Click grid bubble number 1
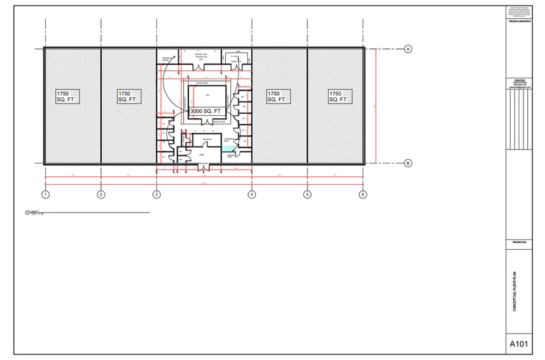(45, 195)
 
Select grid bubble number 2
(101, 195)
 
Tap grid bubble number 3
(157, 195)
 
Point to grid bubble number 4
(252, 195)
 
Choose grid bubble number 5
(307, 195)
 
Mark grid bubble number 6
(363, 195)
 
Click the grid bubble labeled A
(408, 48)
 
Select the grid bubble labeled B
(408, 163)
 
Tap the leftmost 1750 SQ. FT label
(69, 96)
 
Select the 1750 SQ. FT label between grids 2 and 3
(129, 96)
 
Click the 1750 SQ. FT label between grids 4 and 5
(278, 96)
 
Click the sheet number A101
(518, 344)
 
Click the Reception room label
(198, 140)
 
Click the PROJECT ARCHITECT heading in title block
(518, 21)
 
